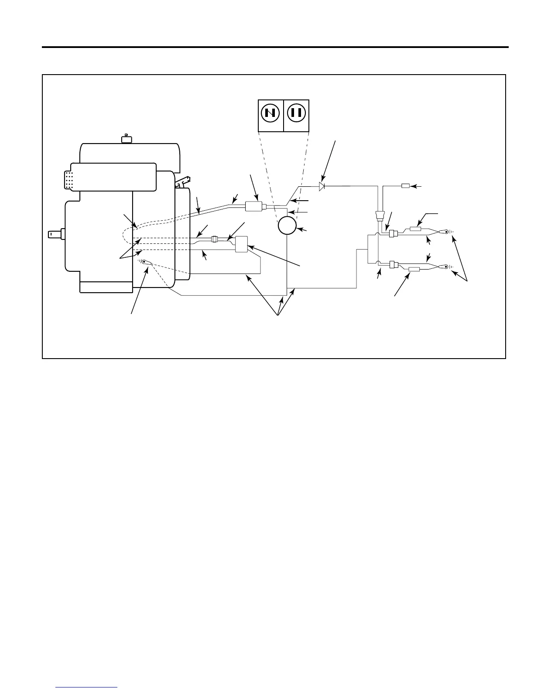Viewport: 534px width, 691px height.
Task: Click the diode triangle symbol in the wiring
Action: coord(322,186)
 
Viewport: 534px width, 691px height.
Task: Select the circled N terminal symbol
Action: coord(270,113)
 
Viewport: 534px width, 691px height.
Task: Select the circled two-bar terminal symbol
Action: coord(296,113)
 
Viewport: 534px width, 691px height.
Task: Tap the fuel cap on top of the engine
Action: coord(126,139)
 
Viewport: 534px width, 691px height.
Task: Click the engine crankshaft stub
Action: coord(56,234)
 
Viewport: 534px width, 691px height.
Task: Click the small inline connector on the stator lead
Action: coord(214,239)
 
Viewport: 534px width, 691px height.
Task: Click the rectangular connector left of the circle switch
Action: coord(253,206)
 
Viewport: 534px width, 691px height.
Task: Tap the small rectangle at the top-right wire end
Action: coord(405,186)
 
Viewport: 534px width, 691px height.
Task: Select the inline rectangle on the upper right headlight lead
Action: coord(416,229)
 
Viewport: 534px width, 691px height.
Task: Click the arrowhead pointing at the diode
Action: coord(323,179)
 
